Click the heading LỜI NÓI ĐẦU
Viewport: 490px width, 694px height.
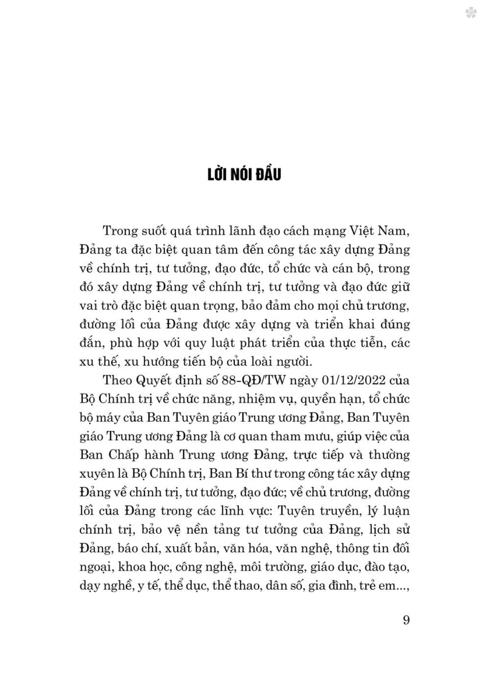243,174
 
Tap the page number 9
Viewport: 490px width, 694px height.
406,620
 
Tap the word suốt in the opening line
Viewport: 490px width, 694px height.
167,231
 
